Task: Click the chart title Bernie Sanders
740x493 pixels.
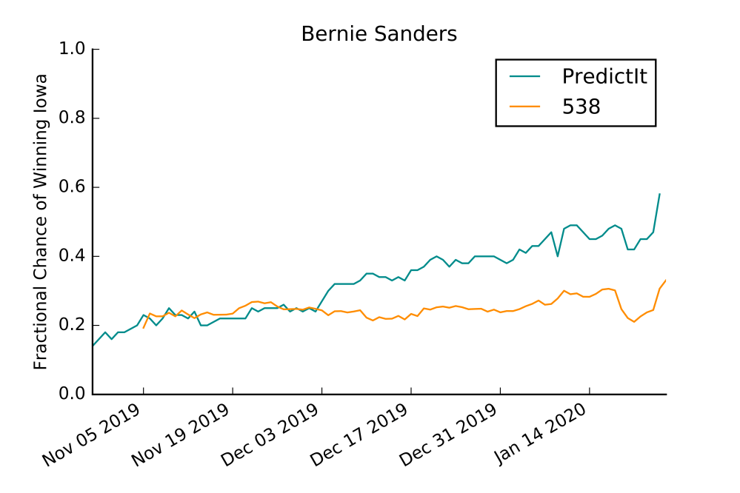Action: pyautogui.click(x=379, y=34)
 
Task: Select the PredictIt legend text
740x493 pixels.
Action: pyautogui.click(x=604, y=76)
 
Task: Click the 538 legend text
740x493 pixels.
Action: pyautogui.click(x=580, y=106)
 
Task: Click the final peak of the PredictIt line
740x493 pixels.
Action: pyautogui.click(x=659, y=194)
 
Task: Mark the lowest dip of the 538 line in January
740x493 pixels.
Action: pyautogui.click(x=634, y=321)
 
